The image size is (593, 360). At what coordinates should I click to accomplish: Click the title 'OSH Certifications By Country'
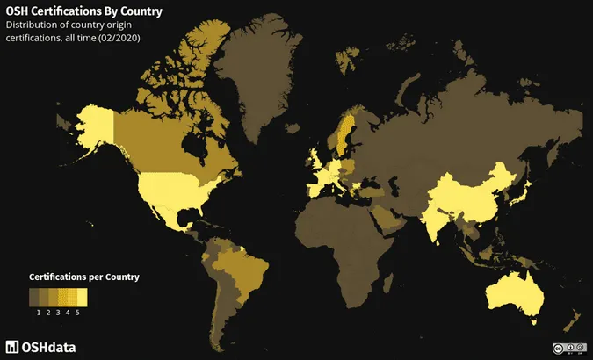(x=83, y=11)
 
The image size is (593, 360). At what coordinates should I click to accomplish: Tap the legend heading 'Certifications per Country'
(x=84, y=277)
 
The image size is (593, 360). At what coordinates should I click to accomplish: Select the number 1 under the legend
(x=39, y=312)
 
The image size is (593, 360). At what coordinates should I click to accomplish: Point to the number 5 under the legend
(x=77, y=312)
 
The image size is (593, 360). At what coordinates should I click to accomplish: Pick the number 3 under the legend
(x=58, y=312)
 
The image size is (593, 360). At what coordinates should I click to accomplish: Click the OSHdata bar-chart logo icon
(x=12, y=346)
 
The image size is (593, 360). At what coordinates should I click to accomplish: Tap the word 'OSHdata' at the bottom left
(x=49, y=346)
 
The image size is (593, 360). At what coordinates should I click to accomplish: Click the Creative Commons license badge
(x=568, y=349)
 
